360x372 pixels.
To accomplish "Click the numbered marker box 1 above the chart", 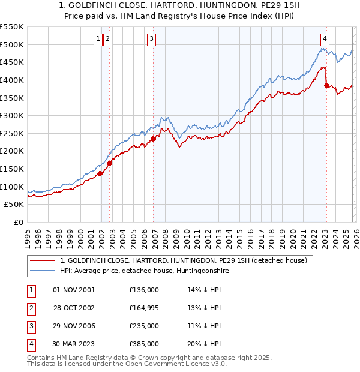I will (x=98, y=39).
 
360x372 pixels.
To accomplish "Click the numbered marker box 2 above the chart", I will (x=107, y=39).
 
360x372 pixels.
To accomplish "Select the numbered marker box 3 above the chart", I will (x=151, y=39).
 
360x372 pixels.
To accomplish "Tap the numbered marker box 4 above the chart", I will (x=325, y=39).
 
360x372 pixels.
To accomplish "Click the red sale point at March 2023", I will (x=326, y=85).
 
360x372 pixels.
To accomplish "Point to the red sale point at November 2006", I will (x=154, y=139).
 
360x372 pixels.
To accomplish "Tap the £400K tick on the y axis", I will (x=12, y=80).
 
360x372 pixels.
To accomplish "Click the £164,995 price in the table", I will (x=144, y=307).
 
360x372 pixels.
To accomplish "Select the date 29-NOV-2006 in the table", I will (x=74, y=326).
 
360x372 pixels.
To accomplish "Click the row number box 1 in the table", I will (x=31, y=289).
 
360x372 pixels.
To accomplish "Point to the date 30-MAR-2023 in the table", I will (x=74, y=344).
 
